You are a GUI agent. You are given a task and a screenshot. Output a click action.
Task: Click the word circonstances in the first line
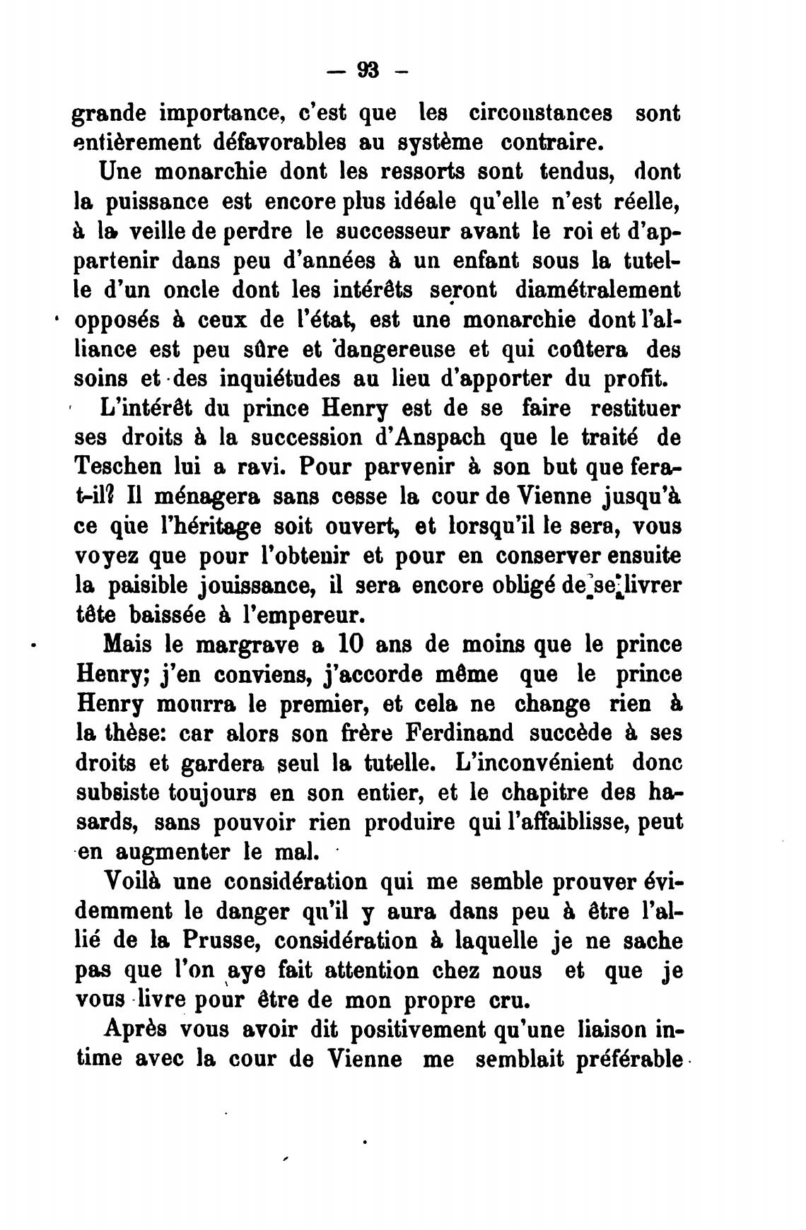541,113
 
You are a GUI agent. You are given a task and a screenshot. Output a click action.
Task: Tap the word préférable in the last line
629,1060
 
